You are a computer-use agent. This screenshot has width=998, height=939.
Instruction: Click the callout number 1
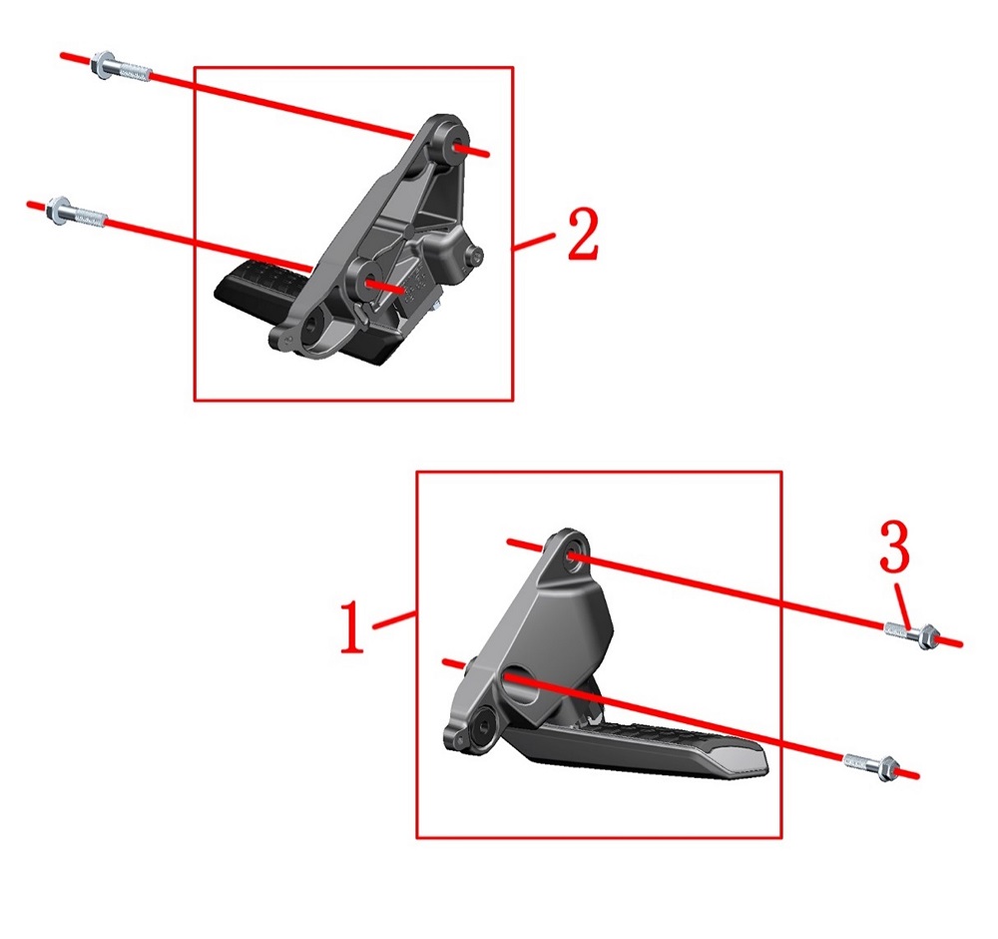(352, 627)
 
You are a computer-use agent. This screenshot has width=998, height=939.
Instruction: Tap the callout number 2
(583, 235)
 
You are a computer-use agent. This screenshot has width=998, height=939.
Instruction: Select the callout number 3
(894, 545)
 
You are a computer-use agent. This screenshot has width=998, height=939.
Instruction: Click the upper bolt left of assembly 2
(121, 68)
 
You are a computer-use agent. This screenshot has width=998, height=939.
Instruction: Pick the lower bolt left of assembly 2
(76, 213)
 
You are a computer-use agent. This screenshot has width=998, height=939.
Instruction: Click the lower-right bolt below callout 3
(870, 766)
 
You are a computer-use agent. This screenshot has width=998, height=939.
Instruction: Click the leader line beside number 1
(394, 620)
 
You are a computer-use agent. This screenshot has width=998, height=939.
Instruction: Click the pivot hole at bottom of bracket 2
(313, 325)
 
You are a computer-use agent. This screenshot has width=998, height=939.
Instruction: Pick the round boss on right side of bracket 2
(474, 256)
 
